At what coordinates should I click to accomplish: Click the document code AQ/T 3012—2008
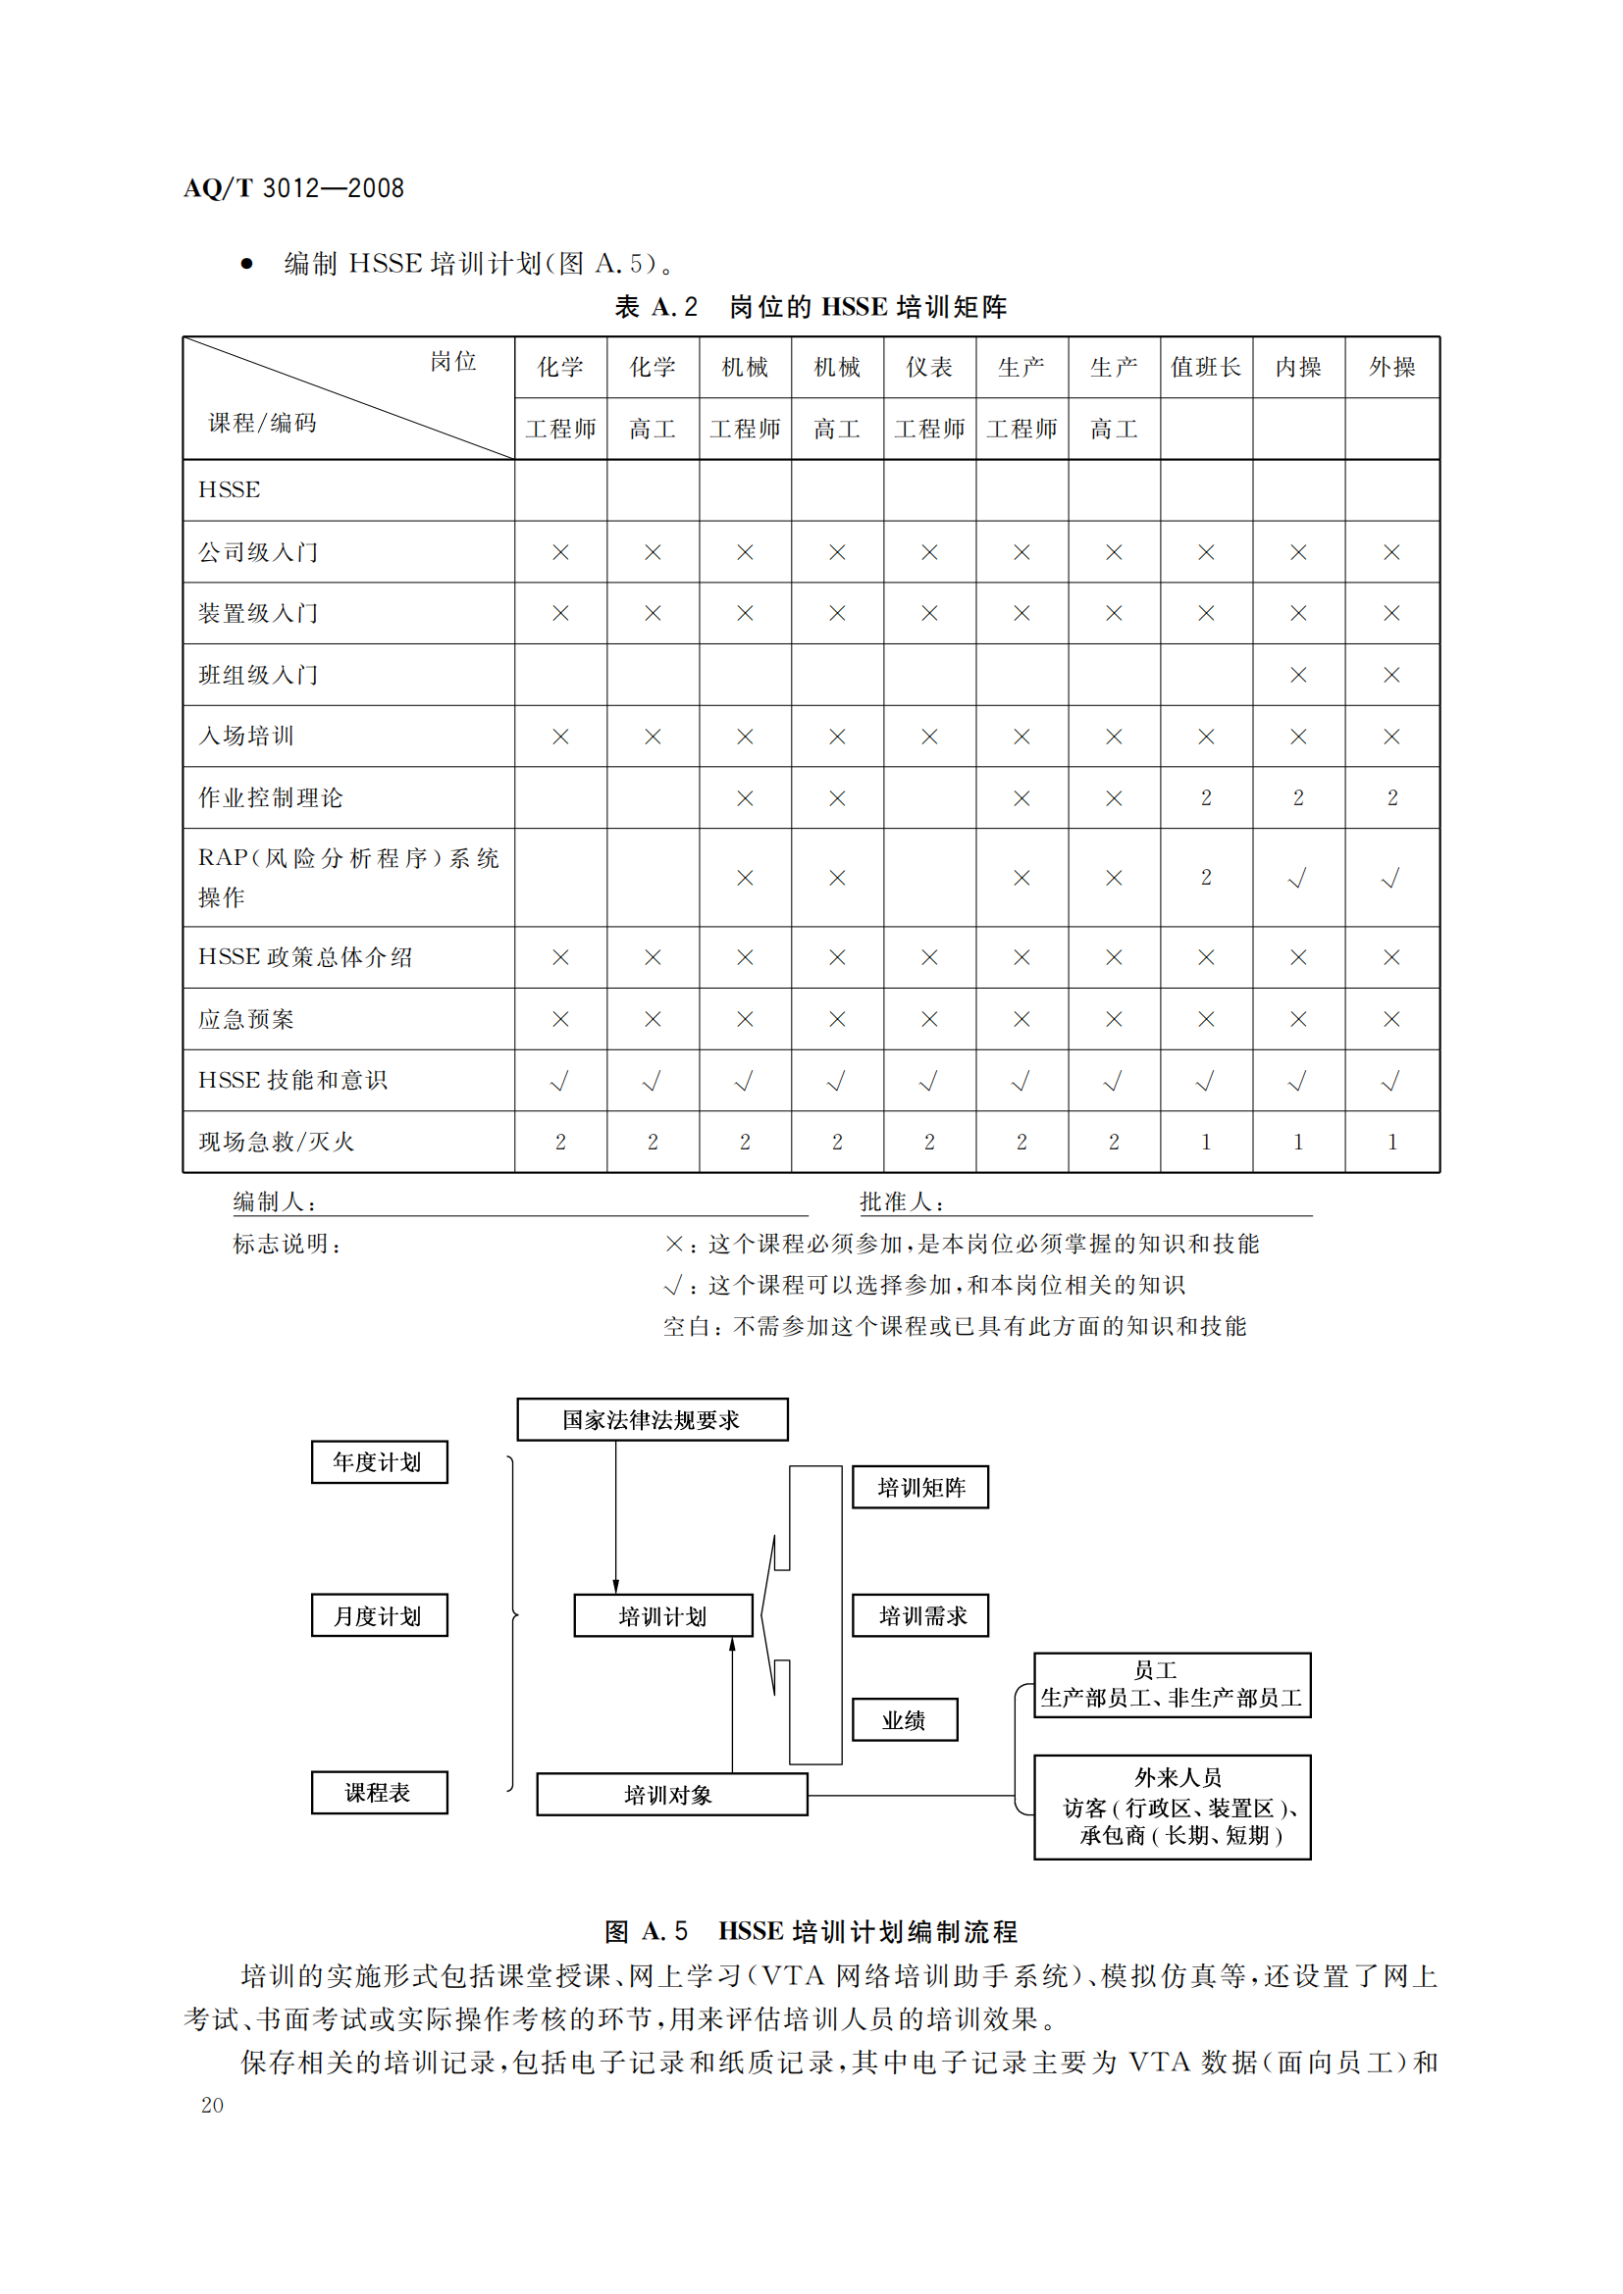click(293, 188)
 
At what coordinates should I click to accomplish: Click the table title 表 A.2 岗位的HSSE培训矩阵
click(811, 307)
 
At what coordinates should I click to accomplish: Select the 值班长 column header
click(1205, 368)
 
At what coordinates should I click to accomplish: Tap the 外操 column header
click(1391, 368)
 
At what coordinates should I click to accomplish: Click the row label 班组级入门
click(258, 676)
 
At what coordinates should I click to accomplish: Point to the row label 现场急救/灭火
click(276, 1142)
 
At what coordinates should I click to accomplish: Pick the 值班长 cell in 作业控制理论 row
click(1205, 798)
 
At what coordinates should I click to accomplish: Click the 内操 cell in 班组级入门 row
click(1298, 676)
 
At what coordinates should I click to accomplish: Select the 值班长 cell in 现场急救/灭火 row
click(1205, 1142)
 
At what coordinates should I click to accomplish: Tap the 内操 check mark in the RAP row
click(1297, 878)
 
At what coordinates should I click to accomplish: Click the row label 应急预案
click(246, 1019)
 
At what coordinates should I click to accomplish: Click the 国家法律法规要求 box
click(652, 1420)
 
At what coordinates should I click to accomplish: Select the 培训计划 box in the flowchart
click(662, 1615)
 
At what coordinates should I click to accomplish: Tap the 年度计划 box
click(379, 1462)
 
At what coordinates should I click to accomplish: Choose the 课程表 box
click(379, 1793)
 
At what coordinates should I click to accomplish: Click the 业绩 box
click(905, 1719)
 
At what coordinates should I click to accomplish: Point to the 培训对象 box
click(671, 1795)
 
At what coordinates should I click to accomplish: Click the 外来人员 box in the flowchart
click(1173, 1807)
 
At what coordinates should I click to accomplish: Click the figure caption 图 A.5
click(811, 1931)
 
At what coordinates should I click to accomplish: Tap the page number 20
click(212, 2106)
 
